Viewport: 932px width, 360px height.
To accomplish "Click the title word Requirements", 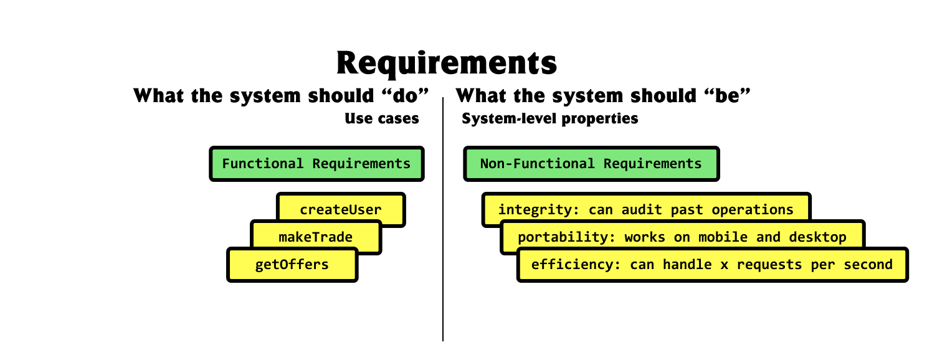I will [446, 62].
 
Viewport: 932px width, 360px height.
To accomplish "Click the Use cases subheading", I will [382, 118].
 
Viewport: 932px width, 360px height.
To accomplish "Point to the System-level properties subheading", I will [549, 118].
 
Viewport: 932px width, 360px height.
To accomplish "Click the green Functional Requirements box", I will [316, 164].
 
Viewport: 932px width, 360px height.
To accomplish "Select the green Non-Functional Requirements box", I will [591, 164].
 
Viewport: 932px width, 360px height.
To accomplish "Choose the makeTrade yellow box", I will [315, 237].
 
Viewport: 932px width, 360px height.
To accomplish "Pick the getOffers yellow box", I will [292, 265].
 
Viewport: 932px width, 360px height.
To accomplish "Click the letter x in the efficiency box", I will [724, 265].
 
